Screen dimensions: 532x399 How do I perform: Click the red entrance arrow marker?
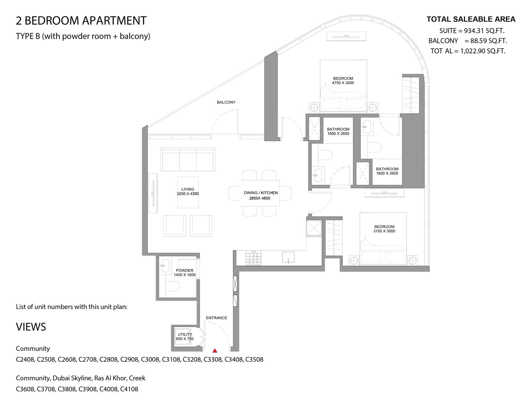[x=215, y=350]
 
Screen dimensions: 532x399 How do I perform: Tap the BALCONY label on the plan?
[x=226, y=102]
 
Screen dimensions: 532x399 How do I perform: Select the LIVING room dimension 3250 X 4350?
[x=188, y=194]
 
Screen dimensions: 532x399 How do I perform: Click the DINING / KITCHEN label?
[x=261, y=193]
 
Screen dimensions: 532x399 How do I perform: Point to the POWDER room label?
[x=185, y=270]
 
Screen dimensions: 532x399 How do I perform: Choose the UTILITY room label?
[x=185, y=334]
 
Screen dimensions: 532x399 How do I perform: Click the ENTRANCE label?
[x=216, y=318]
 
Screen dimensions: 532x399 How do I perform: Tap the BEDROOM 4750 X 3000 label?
[x=343, y=81]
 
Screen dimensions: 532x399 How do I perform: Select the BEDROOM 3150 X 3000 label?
[x=384, y=229]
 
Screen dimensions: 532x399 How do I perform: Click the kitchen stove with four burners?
[x=253, y=258]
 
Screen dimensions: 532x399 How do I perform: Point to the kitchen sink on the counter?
[x=288, y=257]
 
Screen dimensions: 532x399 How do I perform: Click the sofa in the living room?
[x=188, y=160]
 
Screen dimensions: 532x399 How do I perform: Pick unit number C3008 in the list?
[x=151, y=359]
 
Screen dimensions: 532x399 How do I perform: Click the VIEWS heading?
[x=31, y=327]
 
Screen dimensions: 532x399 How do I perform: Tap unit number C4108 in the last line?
[x=129, y=389]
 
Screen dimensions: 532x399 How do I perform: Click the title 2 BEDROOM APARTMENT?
[x=81, y=21]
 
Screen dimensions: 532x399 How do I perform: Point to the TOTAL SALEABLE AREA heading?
[x=471, y=19]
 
